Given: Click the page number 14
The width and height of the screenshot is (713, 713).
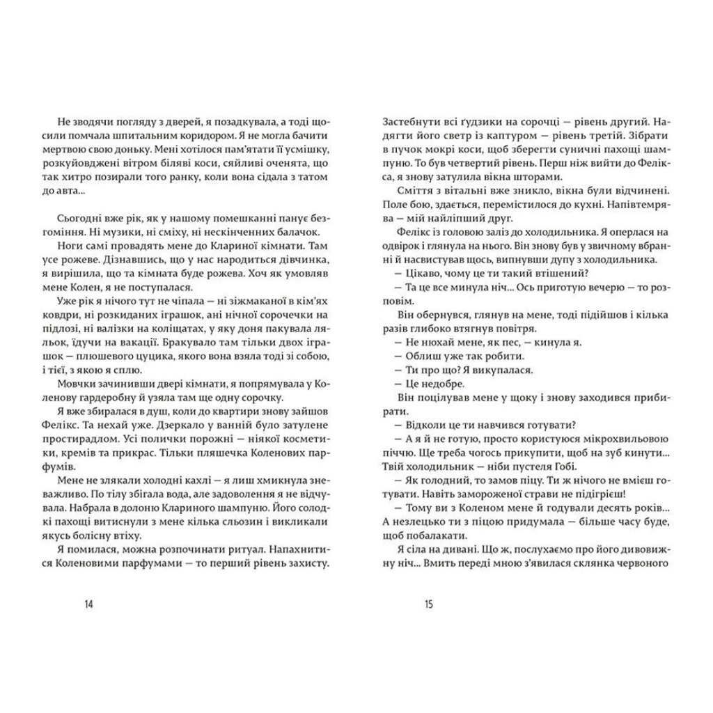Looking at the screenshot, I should [x=88, y=604].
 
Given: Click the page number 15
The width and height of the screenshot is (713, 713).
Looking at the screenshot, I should [x=428, y=604].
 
